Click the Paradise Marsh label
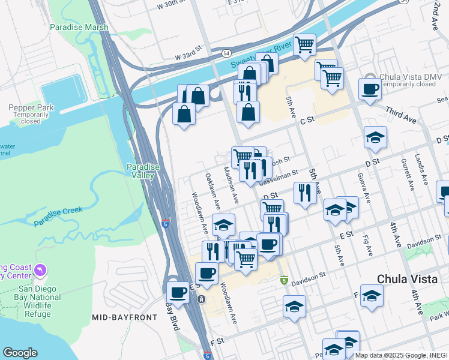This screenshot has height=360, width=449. tap(79, 27)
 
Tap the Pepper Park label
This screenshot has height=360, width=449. tap(23, 107)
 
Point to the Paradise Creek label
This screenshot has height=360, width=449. tap(58, 217)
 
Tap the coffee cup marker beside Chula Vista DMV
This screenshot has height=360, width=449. tap(370, 89)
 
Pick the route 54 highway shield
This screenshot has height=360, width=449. tap(226, 53)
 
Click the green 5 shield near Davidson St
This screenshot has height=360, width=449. tap(284, 280)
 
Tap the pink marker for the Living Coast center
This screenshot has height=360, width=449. tap(40, 271)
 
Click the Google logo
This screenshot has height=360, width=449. tap(20, 352)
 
